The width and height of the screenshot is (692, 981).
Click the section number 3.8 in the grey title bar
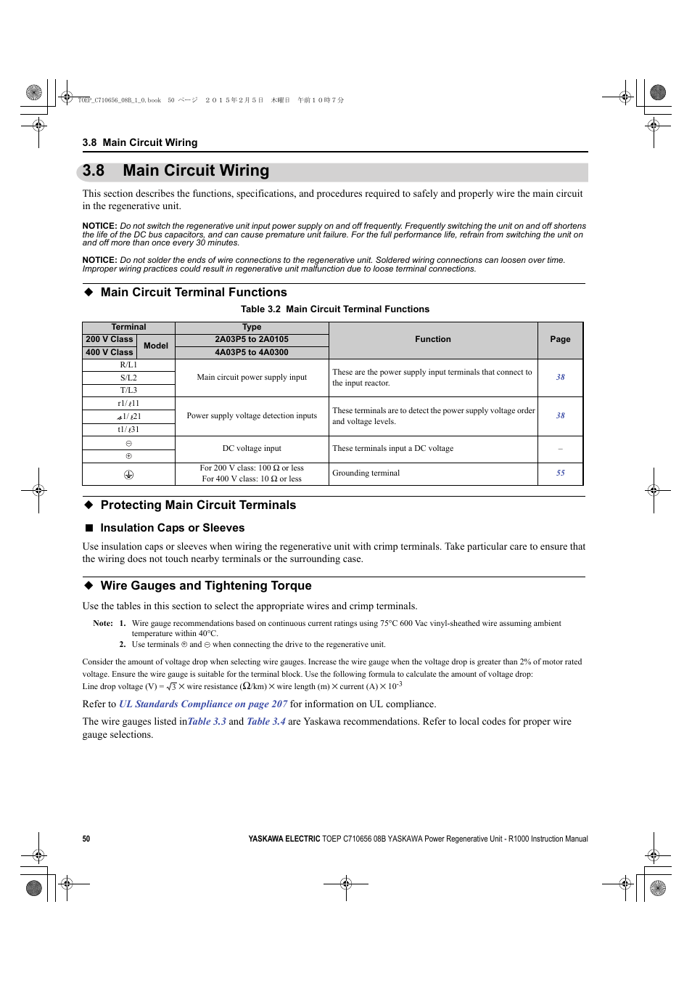coord(94,171)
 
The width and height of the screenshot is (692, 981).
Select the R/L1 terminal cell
coord(128,365)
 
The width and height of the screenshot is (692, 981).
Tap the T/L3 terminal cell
coord(128,391)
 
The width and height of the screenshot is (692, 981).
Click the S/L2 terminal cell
coord(128,378)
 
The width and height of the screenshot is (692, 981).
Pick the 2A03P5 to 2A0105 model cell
coord(252,340)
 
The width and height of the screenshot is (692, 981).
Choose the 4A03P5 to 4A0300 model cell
coord(252,353)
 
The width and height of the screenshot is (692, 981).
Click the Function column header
coord(433,340)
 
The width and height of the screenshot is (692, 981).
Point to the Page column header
coord(560,340)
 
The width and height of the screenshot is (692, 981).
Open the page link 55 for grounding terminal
coord(560,473)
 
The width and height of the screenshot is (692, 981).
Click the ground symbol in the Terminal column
coord(128,474)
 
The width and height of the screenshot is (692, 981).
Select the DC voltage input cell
coord(252,449)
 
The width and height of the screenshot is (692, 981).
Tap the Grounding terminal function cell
coord(366,473)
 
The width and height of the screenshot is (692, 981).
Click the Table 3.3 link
coord(207,722)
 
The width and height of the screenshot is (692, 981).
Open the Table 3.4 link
coord(266,722)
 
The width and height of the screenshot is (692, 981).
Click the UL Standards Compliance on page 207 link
coord(203,704)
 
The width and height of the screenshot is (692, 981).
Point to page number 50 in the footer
coord(86,839)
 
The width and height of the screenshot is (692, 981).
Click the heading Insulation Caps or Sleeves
coord(173,528)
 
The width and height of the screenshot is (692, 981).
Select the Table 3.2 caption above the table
coord(335,309)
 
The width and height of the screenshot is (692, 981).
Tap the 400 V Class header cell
coord(110,353)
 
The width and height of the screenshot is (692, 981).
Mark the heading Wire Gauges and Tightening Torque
coord(206,586)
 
